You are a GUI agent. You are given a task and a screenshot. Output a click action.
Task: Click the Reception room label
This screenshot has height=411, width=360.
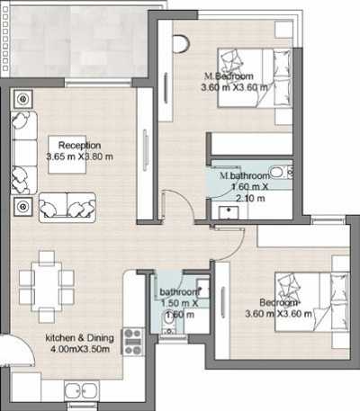click(79, 145)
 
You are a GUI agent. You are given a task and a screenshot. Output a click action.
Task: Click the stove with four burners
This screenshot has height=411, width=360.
click(134, 341)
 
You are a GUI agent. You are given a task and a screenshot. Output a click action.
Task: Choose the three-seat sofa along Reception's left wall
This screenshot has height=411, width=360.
click(22, 150)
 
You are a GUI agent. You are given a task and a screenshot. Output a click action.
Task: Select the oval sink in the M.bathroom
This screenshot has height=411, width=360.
click(278, 172)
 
